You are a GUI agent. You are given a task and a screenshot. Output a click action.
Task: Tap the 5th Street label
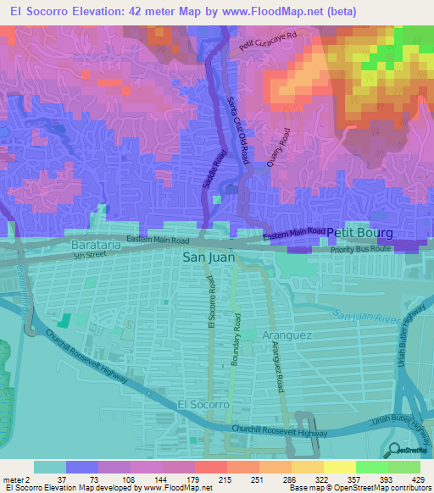point(92,254)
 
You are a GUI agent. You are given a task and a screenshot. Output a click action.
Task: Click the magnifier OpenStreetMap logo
point(395,451)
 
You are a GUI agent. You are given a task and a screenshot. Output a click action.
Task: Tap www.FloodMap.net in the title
point(277,11)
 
